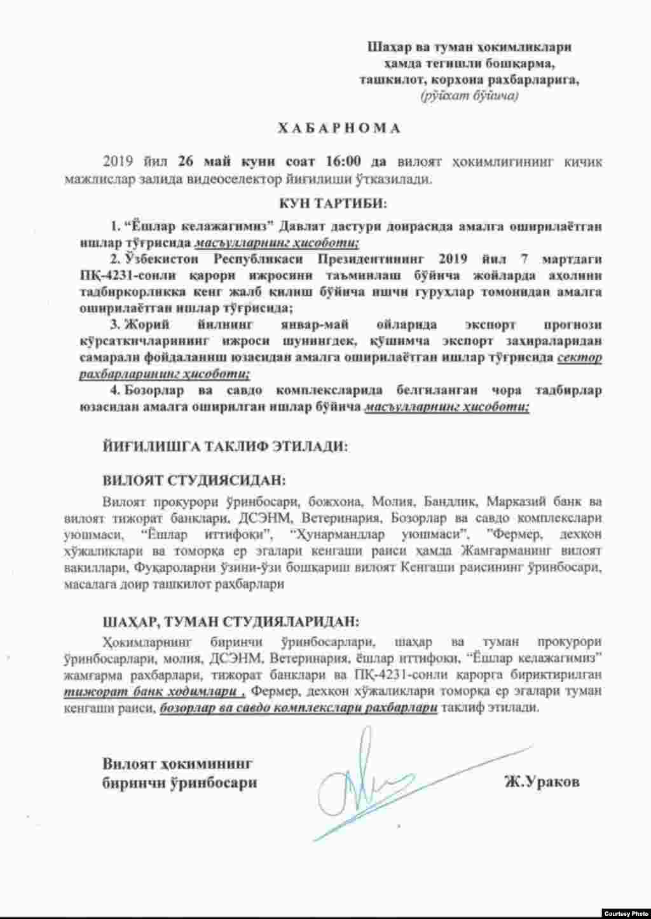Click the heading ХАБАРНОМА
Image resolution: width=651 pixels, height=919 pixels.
coord(338,128)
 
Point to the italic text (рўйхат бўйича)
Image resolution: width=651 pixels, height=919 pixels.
coord(469,96)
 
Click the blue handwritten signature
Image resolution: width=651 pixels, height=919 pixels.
coord(369,779)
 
